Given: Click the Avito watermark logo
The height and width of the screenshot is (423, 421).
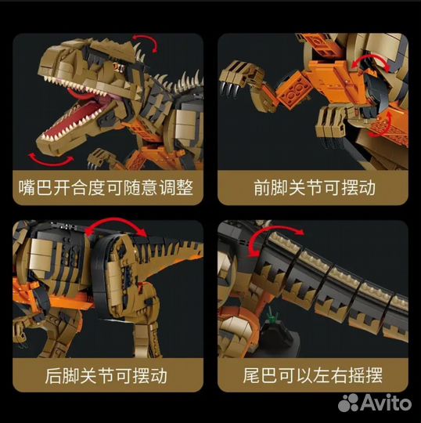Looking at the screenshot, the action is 375,402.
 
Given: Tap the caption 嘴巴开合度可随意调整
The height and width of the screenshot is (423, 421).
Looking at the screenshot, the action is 106,188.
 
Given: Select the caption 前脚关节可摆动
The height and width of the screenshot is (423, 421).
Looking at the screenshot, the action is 315,188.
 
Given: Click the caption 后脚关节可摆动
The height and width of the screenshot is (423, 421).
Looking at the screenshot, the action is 106,375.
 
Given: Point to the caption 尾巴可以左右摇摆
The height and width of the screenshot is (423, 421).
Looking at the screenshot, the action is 313,375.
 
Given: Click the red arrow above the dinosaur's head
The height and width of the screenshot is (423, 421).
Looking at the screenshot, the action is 148,41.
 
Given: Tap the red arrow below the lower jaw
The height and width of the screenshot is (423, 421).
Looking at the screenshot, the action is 51,161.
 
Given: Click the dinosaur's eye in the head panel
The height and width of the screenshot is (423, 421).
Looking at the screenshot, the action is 117,67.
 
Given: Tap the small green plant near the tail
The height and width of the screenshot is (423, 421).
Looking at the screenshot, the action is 272,315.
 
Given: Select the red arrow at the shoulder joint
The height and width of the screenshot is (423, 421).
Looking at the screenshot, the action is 371,61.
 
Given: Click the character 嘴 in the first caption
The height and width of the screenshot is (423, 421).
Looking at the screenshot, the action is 27,188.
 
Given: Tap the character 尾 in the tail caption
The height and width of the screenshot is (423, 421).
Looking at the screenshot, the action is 251,375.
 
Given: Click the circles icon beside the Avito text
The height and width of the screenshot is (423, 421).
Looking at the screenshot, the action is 348,402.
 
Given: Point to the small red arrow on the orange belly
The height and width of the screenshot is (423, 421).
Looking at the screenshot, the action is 382,125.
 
